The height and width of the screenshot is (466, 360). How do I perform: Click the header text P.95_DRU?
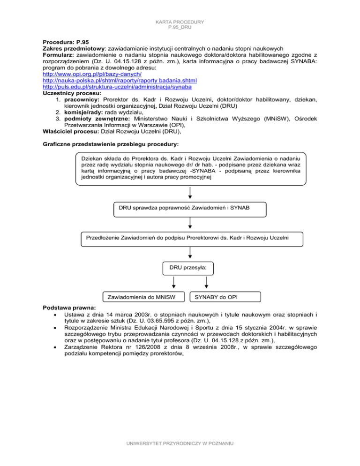pos(180,27)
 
